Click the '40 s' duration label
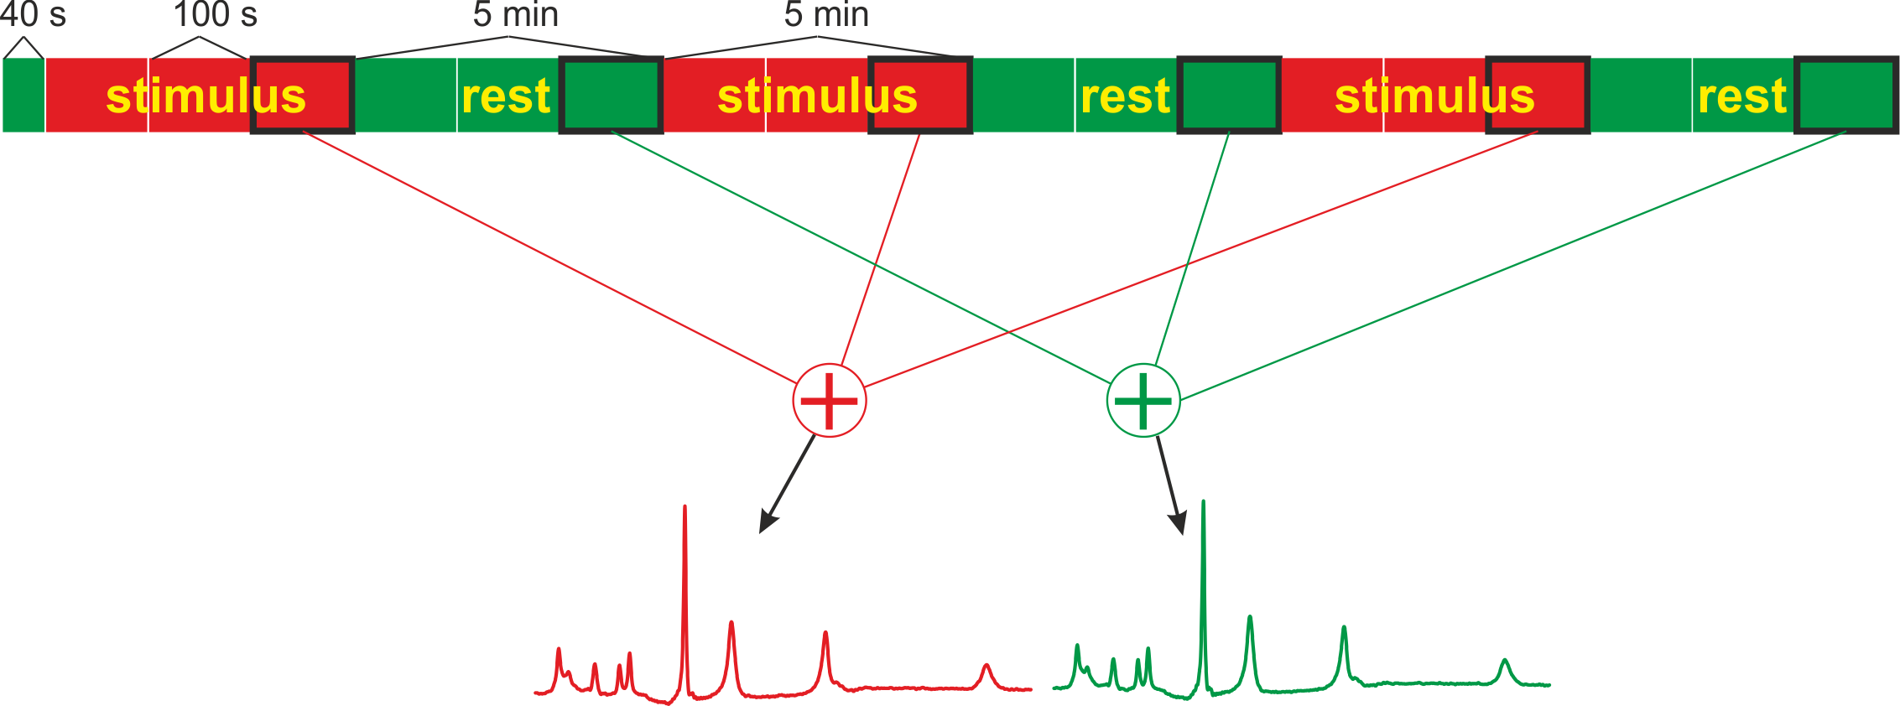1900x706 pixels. (x=32, y=14)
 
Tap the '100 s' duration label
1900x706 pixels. (x=215, y=14)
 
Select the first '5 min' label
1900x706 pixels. (x=515, y=14)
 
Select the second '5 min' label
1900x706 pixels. (x=826, y=14)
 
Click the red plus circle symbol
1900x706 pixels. (x=829, y=401)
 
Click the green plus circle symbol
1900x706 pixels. (x=1143, y=401)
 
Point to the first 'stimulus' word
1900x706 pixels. (x=206, y=96)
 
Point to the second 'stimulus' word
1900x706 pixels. (x=817, y=96)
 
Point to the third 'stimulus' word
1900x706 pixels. (x=1434, y=96)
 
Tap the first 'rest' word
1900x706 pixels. (x=506, y=96)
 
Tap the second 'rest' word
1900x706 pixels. (x=1125, y=96)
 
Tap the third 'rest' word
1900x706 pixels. (x=1742, y=96)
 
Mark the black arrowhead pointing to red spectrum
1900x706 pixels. (x=766, y=522)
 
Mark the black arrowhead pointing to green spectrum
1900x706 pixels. (x=1179, y=524)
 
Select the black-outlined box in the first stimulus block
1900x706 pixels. (x=303, y=95)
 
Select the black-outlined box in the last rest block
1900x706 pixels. (x=1846, y=95)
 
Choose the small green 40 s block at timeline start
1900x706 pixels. (x=23, y=95)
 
